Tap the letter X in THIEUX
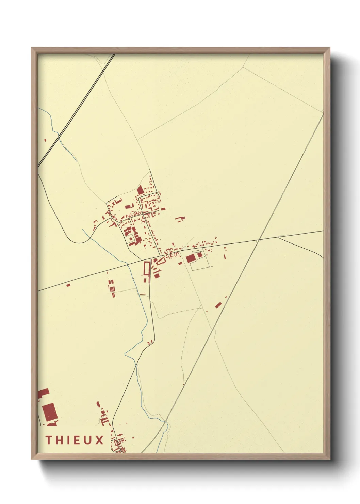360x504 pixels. click(x=99, y=440)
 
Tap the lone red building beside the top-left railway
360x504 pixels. click(x=45, y=140)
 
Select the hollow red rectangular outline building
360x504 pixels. click(x=147, y=269)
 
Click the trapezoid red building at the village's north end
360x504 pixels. click(x=140, y=190)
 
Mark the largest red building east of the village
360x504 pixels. click(x=190, y=258)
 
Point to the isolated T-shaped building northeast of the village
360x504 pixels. click(x=181, y=219)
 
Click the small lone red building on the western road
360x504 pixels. click(x=68, y=285)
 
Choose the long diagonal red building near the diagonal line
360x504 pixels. click(x=218, y=304)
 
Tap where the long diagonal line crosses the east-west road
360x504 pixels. click(x=259, y=240)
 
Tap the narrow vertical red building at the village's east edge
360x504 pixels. click(x=225, y=256)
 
